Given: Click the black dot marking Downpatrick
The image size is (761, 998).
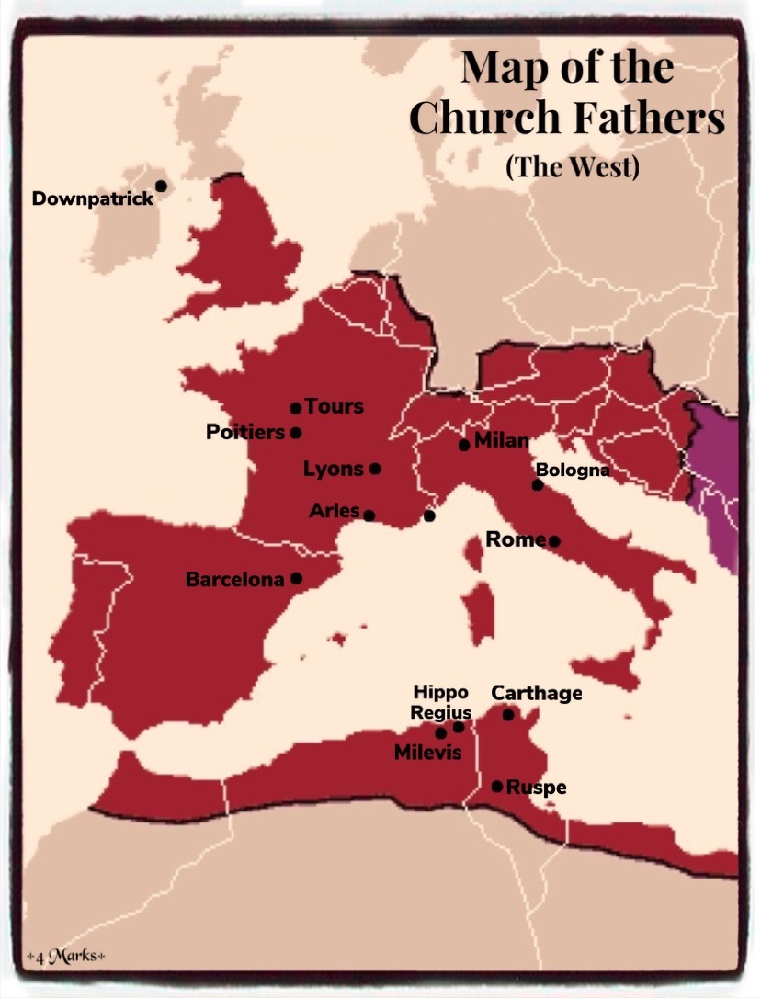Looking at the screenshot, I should pyautogui.click(x=161, y=186).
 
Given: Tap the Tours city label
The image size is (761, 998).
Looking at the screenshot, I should pyautogui.click(x=334, y=406).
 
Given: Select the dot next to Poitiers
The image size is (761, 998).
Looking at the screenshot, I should pyautogui.click(x=296, y=433).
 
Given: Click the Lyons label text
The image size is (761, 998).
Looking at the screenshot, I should pyautogui.click(x=334, y=470).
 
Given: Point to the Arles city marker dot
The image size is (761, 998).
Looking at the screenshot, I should pyautogui.click(x=369, y=516).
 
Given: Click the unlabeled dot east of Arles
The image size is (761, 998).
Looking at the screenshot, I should pyautogui.click(x=429, y=516).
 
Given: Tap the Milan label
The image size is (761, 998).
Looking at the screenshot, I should pyautogui.click(x=502, y=440).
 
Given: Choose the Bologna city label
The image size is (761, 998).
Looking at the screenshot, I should pyautogui.click(x=573, y=471).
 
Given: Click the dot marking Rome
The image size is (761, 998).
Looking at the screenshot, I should pyautogui.click(x=555, y=541).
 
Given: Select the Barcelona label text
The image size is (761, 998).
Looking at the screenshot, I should pyautogui.click(x=235, y=580).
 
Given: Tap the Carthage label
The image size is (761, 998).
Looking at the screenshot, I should pyautogui.click(x=537, y=693).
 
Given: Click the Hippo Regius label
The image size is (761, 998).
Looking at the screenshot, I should pyautogui.click(x=440, y=702).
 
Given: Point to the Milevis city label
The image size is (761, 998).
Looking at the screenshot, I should pyautogui.click(x=427, y=753).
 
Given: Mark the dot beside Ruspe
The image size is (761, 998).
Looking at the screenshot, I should pyautogui.click(x=497, y=787).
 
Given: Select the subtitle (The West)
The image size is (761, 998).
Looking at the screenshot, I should pyautogui.click(x=572, y=168).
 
